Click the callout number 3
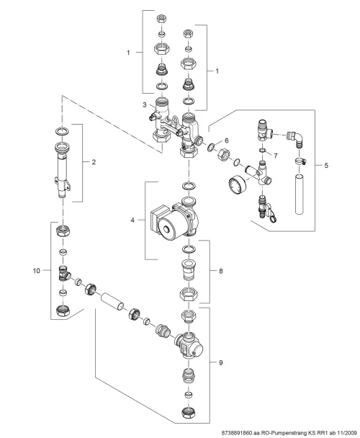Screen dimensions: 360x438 pos(145,104)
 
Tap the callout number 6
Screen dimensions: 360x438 pos(227,140)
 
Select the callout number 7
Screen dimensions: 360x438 pos(276,156)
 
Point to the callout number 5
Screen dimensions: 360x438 pos(326,166)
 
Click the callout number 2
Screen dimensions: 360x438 pos(94,162)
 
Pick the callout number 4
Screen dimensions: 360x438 pos(132,220)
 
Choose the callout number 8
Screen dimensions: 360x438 pos(221,271)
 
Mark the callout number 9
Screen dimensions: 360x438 pos(221,362)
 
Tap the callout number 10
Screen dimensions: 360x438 pos(37,271)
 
